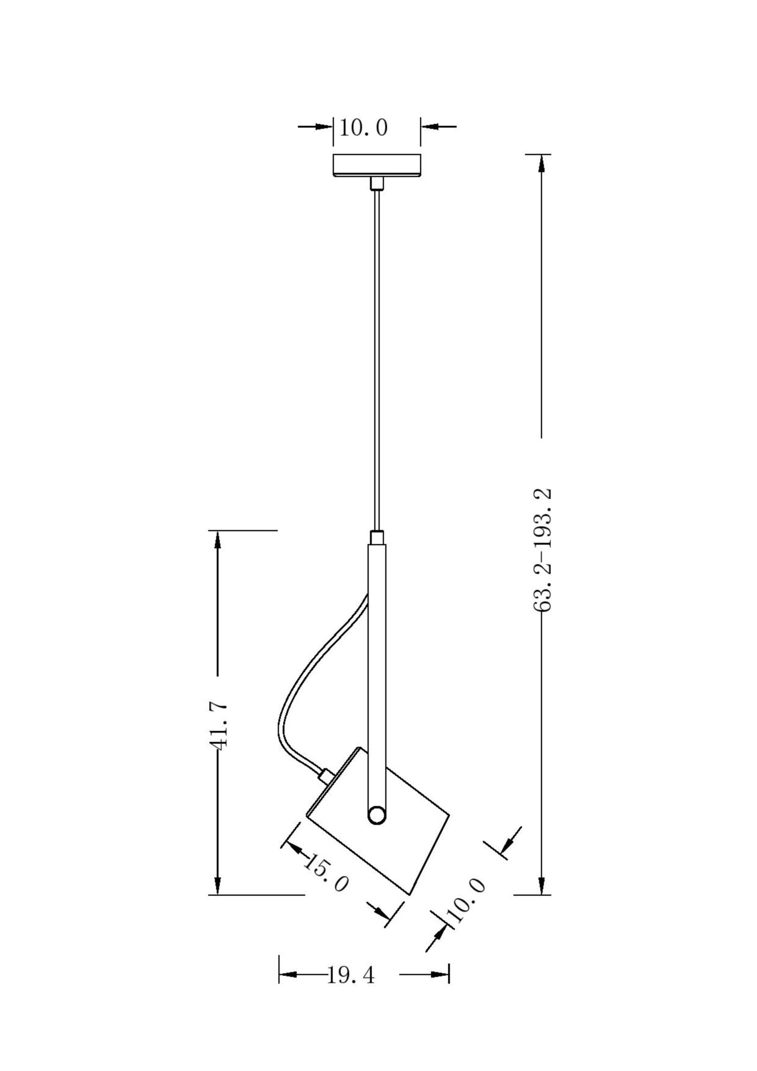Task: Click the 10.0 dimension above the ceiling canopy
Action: click(364, 129)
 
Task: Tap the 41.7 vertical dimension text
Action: click(218, 727)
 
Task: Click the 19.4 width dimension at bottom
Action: click(351, 975)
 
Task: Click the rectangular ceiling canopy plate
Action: click(377, 165)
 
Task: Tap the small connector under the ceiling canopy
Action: click(377, 183)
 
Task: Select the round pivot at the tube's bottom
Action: click(376, 831)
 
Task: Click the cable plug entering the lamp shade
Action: click(324, 774)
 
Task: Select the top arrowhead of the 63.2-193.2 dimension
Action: click(542, 163)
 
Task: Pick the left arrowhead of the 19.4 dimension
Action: click(287, 974)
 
